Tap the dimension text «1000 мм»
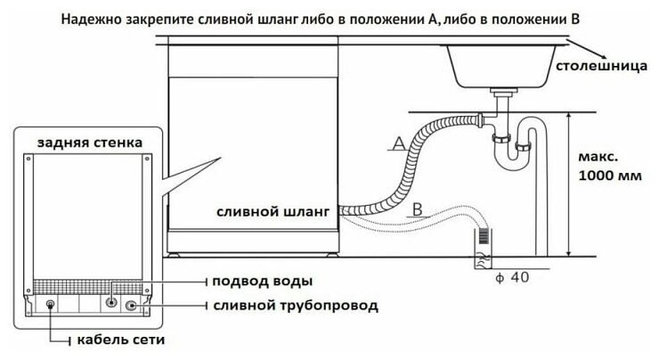(x=610, y=175)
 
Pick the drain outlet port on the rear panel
(x=134, y=305)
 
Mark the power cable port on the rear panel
(x=49, y=305)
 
